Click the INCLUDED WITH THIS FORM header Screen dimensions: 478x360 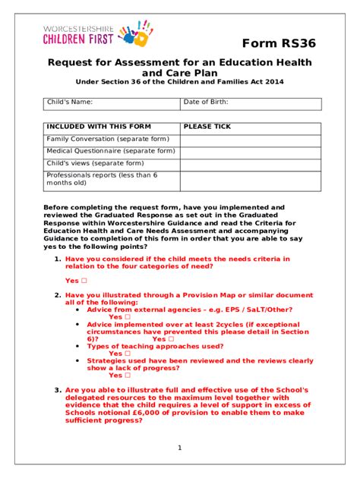click(x=99, y=127)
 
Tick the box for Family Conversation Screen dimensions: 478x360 click(x=250, y=140)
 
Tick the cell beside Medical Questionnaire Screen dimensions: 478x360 click(x=250, y=151)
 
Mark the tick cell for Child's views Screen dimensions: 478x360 click(x=250, y=163)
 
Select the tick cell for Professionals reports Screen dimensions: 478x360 click(x=250, y=180)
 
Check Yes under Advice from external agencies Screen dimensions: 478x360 click(x=127, y=317)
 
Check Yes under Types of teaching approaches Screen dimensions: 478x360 click(x=127, y=354)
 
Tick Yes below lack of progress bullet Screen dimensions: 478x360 click(x=127, y=375)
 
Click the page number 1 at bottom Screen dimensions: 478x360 click(x=179, y=448)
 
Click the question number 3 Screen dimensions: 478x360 click(x=57, y=390)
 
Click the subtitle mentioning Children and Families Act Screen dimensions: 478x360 click(x=179, y=82)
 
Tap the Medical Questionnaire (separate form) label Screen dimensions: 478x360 click(x=111, y=151)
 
